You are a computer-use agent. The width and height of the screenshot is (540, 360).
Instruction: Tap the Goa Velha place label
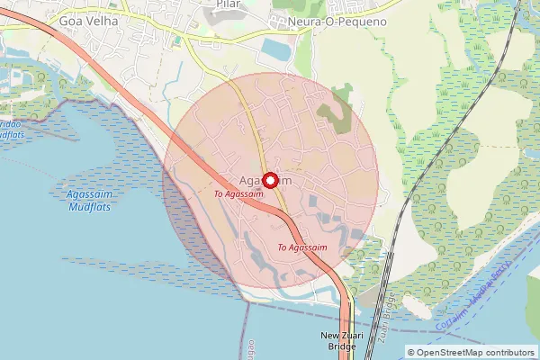89,18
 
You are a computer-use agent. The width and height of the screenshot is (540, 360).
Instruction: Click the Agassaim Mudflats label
91,200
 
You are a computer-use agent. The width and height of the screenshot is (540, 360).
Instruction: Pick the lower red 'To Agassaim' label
302,247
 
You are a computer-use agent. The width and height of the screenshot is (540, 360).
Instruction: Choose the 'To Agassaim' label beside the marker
238,193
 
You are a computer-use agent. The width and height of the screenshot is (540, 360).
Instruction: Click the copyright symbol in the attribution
411,353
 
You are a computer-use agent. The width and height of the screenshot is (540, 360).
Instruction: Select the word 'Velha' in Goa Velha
103,18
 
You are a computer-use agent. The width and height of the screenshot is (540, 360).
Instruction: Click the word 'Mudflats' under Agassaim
91,206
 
